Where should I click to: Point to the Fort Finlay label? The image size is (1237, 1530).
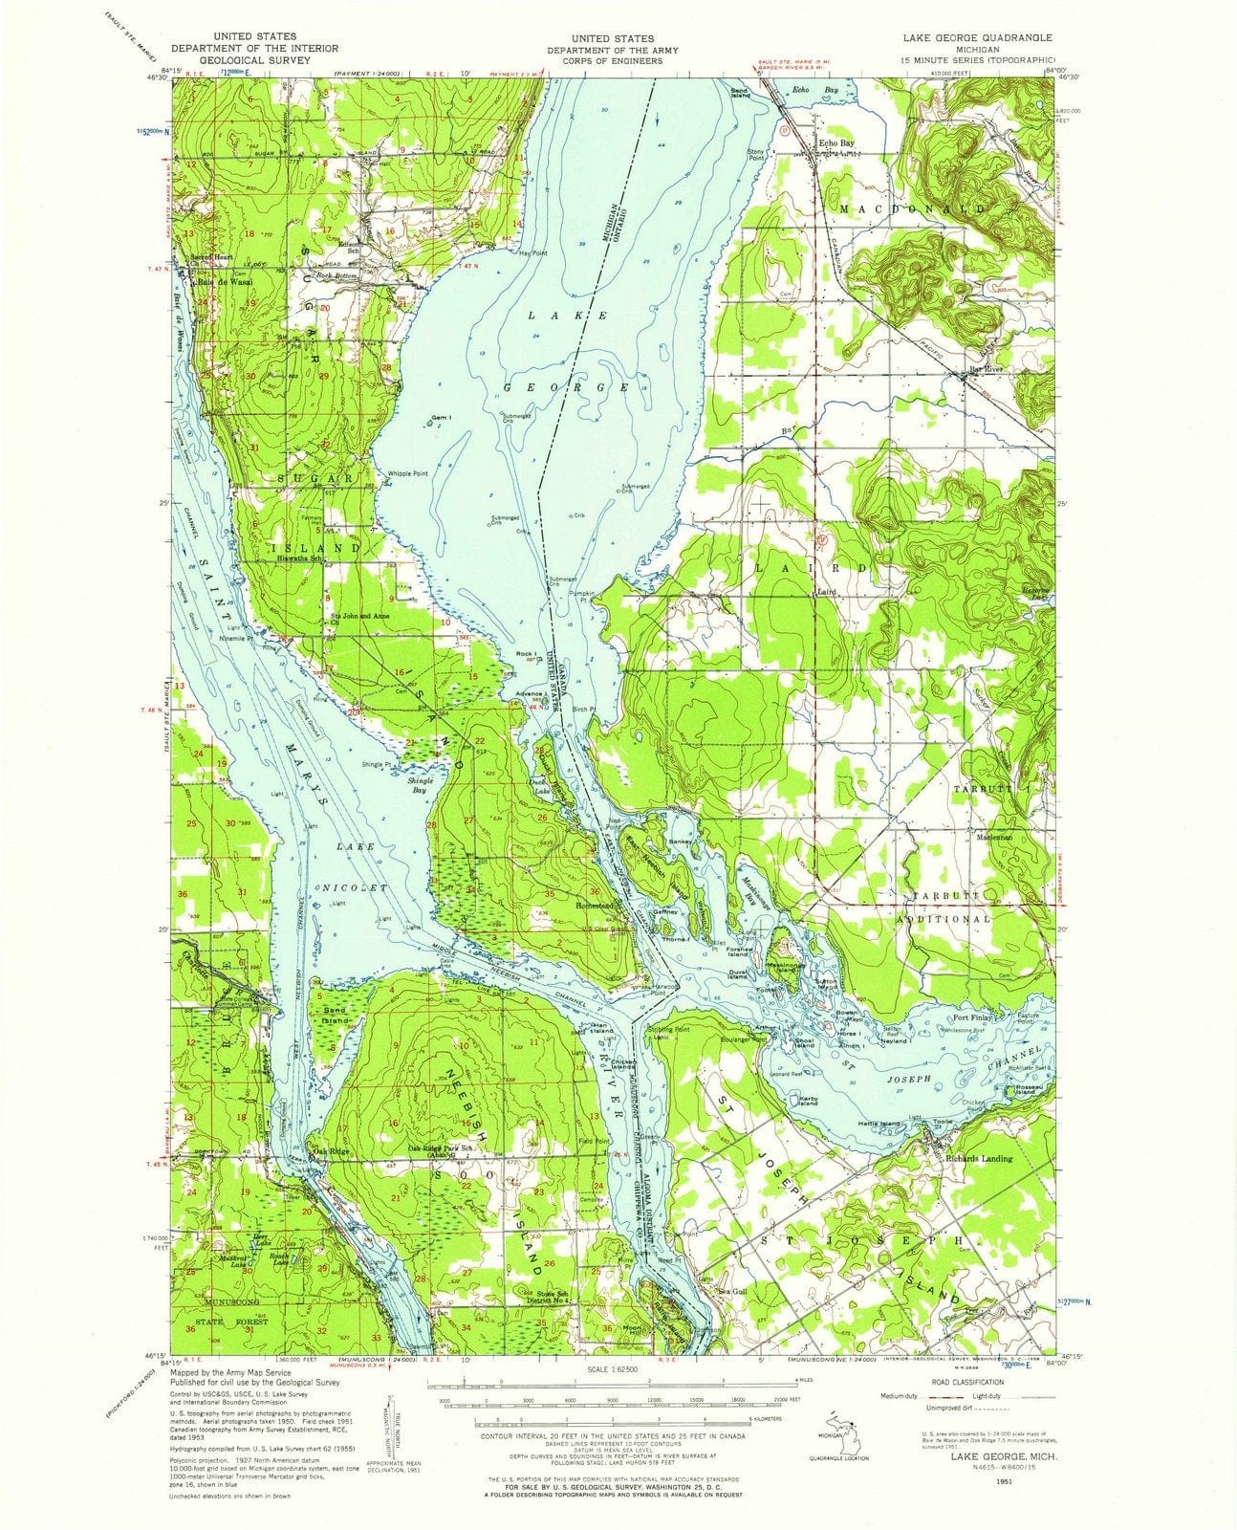coord(974,1018)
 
